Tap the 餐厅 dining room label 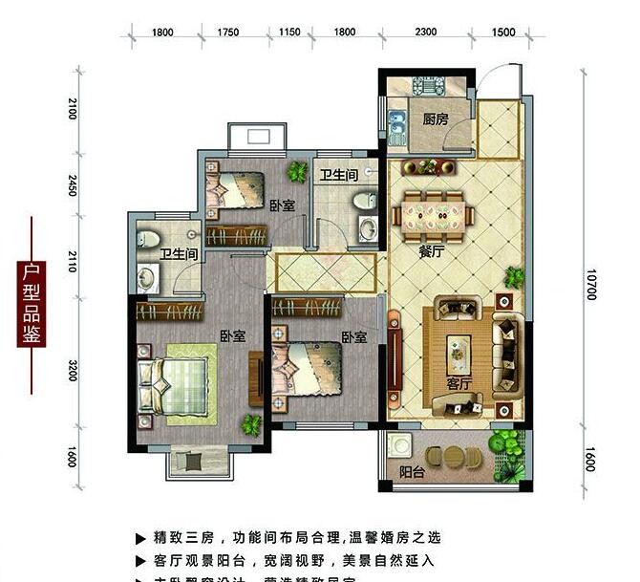[432, 252]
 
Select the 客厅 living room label [459, 383]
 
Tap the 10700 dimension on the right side [592, 283]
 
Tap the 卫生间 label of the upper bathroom [339, 176]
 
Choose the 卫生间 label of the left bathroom [179, 254]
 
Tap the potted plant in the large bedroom [251, 424]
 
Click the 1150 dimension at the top [289, 33]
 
